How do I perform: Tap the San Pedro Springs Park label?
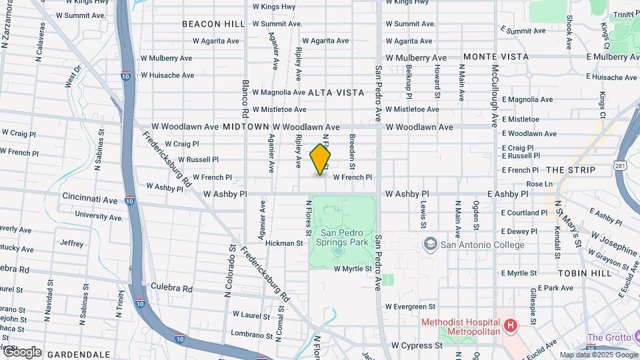point(343,238)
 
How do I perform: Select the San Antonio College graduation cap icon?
point(429,244)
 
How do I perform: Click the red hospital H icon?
point(511,326)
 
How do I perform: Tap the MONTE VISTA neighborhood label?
point(496,57)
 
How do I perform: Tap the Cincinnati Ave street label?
point(89,199)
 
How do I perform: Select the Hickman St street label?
point(285,243)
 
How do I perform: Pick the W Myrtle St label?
point(352,269)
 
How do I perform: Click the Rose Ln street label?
point(539,184)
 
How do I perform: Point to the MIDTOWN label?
point(245,127)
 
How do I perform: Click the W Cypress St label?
point(417,345)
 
